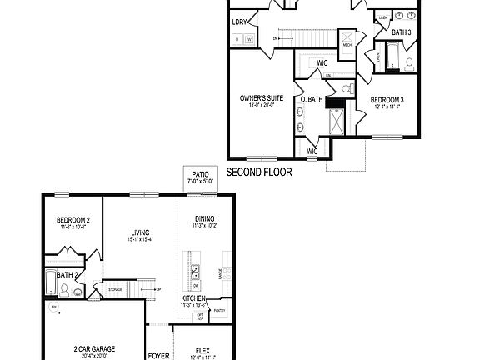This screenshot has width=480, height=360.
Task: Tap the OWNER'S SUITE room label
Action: [x=262, y=98]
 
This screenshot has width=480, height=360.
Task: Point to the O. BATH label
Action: [x=311, y=100]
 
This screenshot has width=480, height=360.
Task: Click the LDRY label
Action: [x=240, y=22]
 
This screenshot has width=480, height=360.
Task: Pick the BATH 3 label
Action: [x=402, y=32]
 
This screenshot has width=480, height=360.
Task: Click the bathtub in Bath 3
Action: [x=392, y=56]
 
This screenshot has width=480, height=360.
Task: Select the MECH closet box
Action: [x=347, y=68]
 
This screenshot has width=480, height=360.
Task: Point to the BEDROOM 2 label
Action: [x=73, y=220]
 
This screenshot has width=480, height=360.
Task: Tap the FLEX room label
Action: [x=202, y=350]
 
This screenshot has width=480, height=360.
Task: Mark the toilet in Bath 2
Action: [x=64, y=289]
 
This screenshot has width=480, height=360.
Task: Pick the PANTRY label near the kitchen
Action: [x=219, y=310]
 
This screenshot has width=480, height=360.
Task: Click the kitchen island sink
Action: [x=196, y=272]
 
